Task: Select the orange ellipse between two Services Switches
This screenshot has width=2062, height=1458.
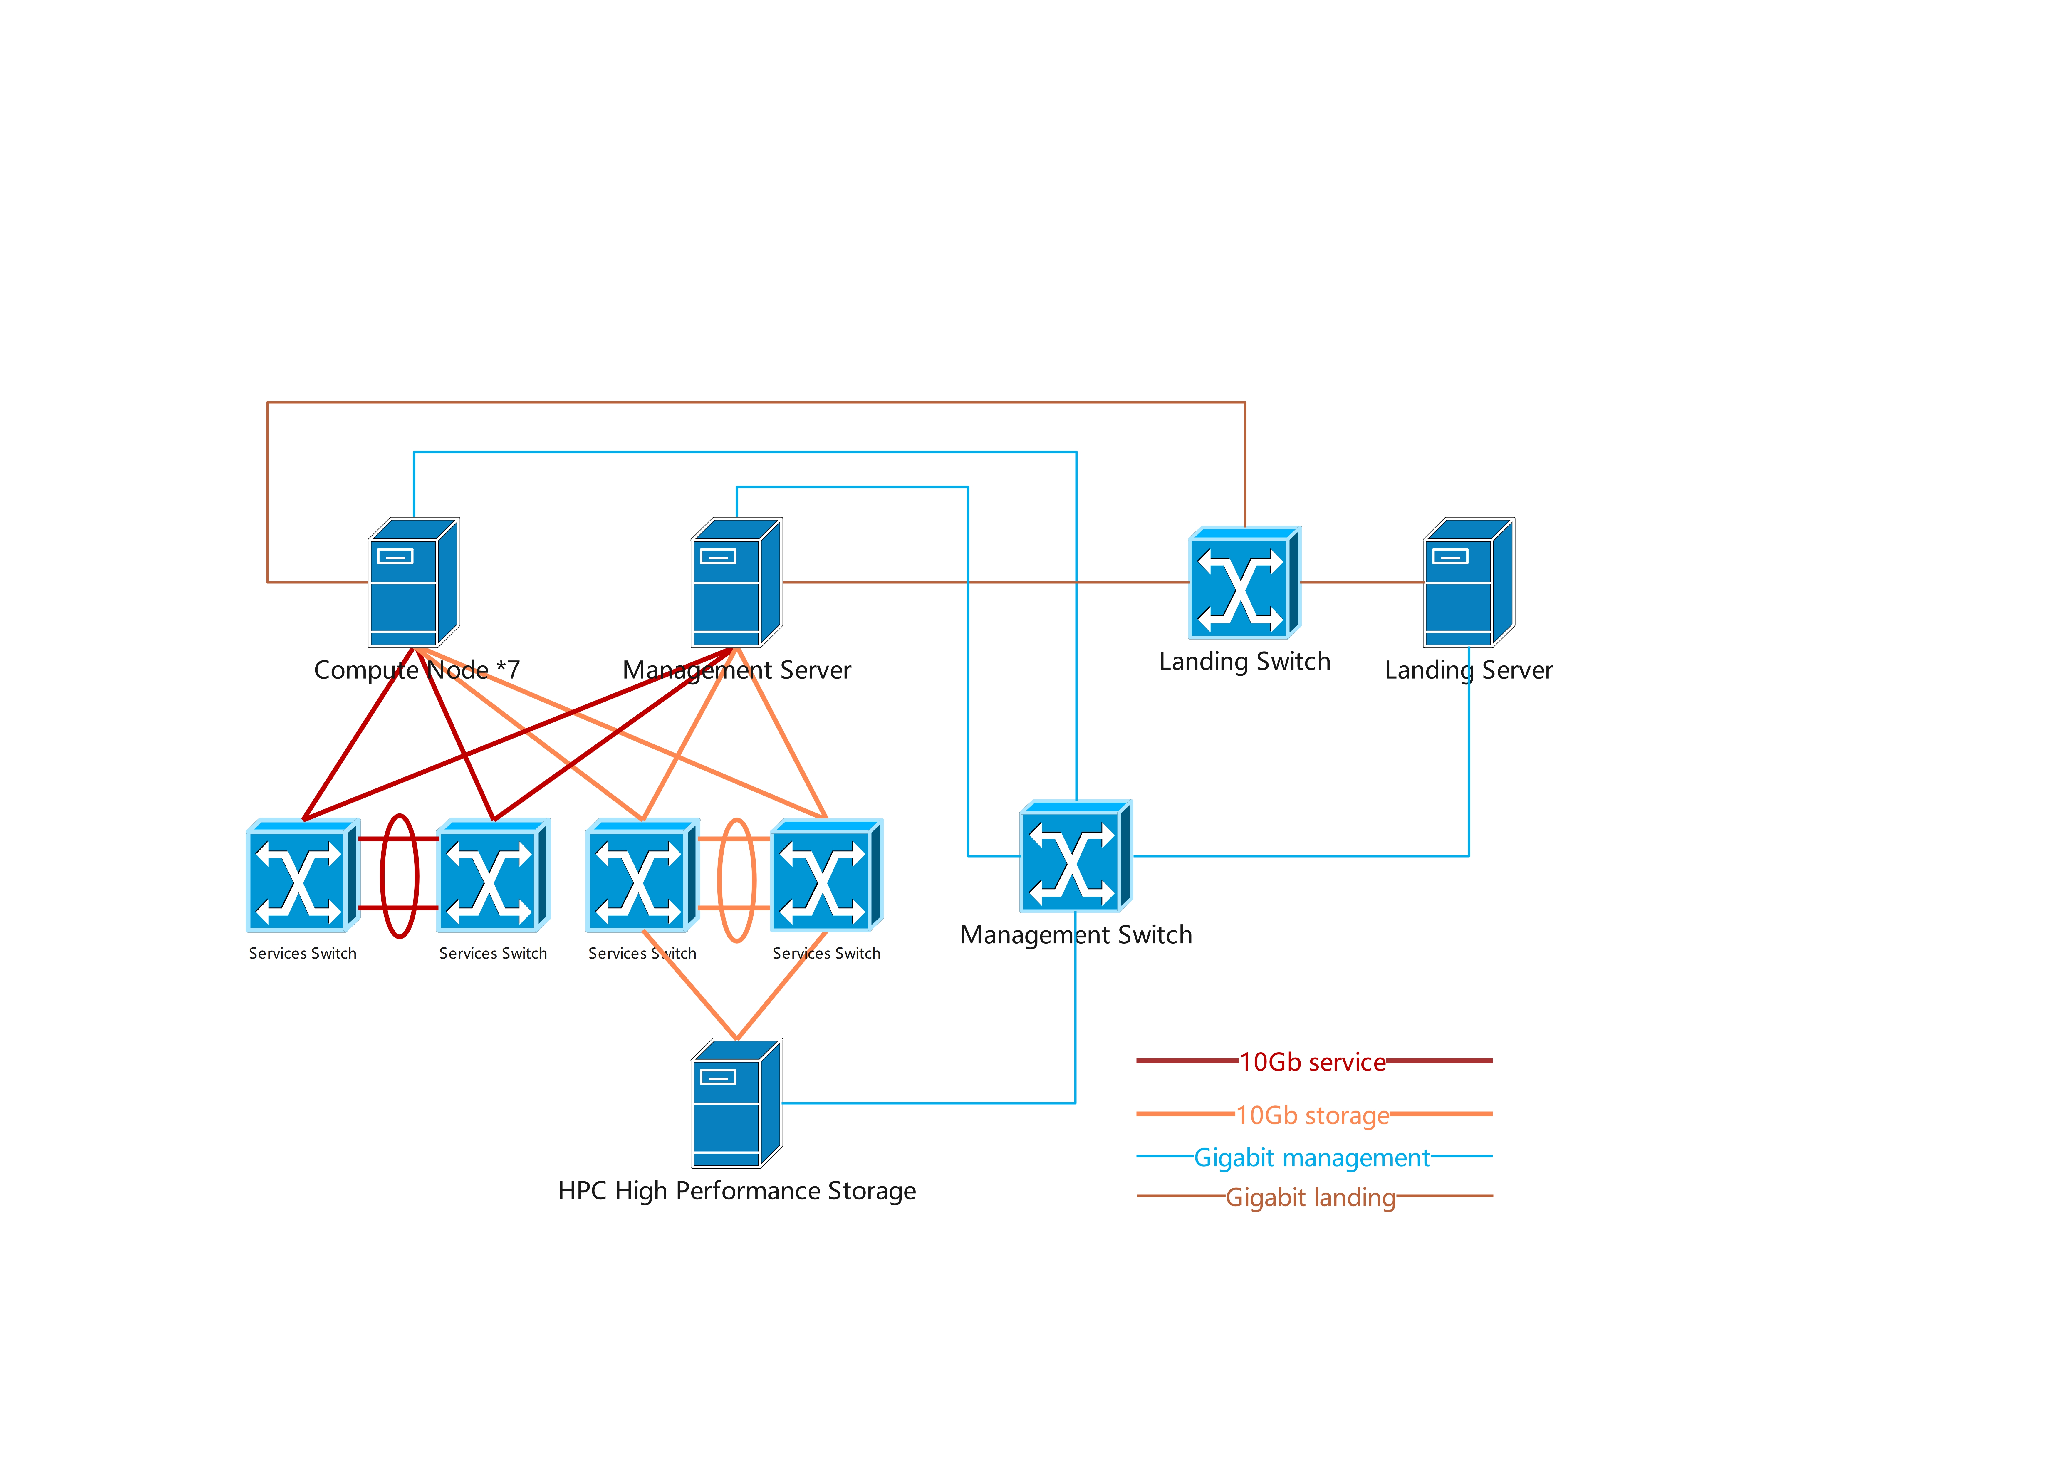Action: pyautogui.click(x=736, y=880)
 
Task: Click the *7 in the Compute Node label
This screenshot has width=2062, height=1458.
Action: pyautogui.click(x=507, y=670)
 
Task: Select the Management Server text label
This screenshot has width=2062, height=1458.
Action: pyautogui.click(x=736, y=670)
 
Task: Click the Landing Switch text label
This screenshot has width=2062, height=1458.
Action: pyautogui.click(x=1244, y=662)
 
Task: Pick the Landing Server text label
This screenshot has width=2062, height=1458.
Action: pyautogui.click(x=1468, y=670)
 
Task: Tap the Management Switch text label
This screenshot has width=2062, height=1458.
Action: pyautogui.click(x=1076, y=935)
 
